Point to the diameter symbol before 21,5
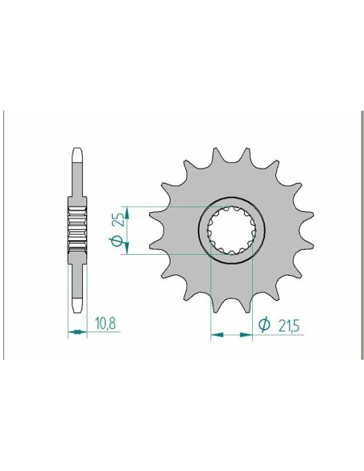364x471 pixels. [264, 325]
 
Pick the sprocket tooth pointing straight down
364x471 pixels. [230, 307]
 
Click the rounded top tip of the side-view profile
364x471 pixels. [77, 150]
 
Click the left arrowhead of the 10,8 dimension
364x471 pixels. [69, 332]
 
